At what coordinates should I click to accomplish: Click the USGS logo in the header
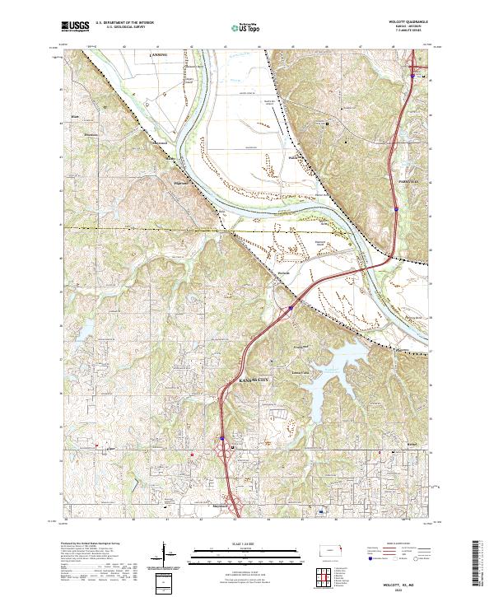(x=76, y=26)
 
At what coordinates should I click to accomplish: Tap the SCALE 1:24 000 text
(x=246, y=542)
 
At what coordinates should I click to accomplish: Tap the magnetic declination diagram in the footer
(x=170, y=554)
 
